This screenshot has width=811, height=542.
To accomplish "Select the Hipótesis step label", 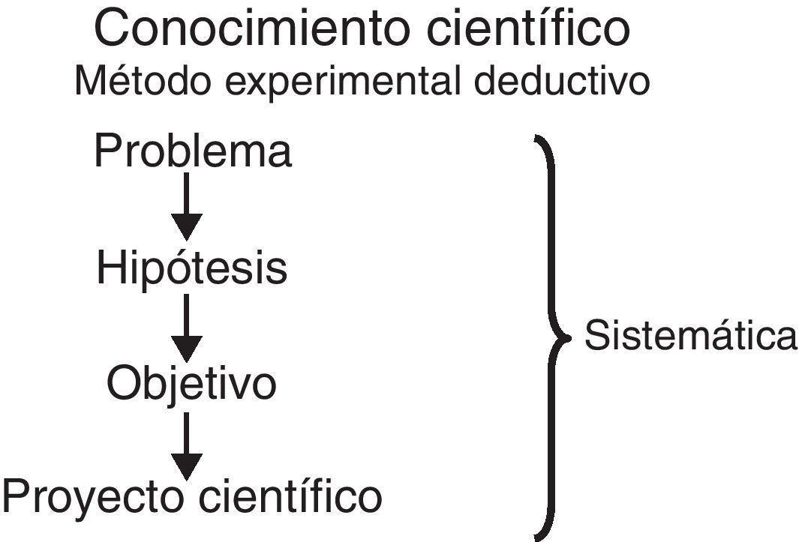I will tap(191, 268).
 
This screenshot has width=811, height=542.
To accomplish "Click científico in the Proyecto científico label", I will tap(292, 496).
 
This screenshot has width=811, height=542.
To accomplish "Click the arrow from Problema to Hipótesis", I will tap(187, 206).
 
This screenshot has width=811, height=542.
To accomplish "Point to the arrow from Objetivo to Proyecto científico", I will tap(187, 446).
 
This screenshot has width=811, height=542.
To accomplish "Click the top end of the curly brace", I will tap(537, 138).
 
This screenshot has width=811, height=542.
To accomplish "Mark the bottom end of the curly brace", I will tap(537, 536).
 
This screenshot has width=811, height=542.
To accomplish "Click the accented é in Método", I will tap(111, 82).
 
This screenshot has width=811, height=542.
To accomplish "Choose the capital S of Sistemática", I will tap(596, 336).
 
